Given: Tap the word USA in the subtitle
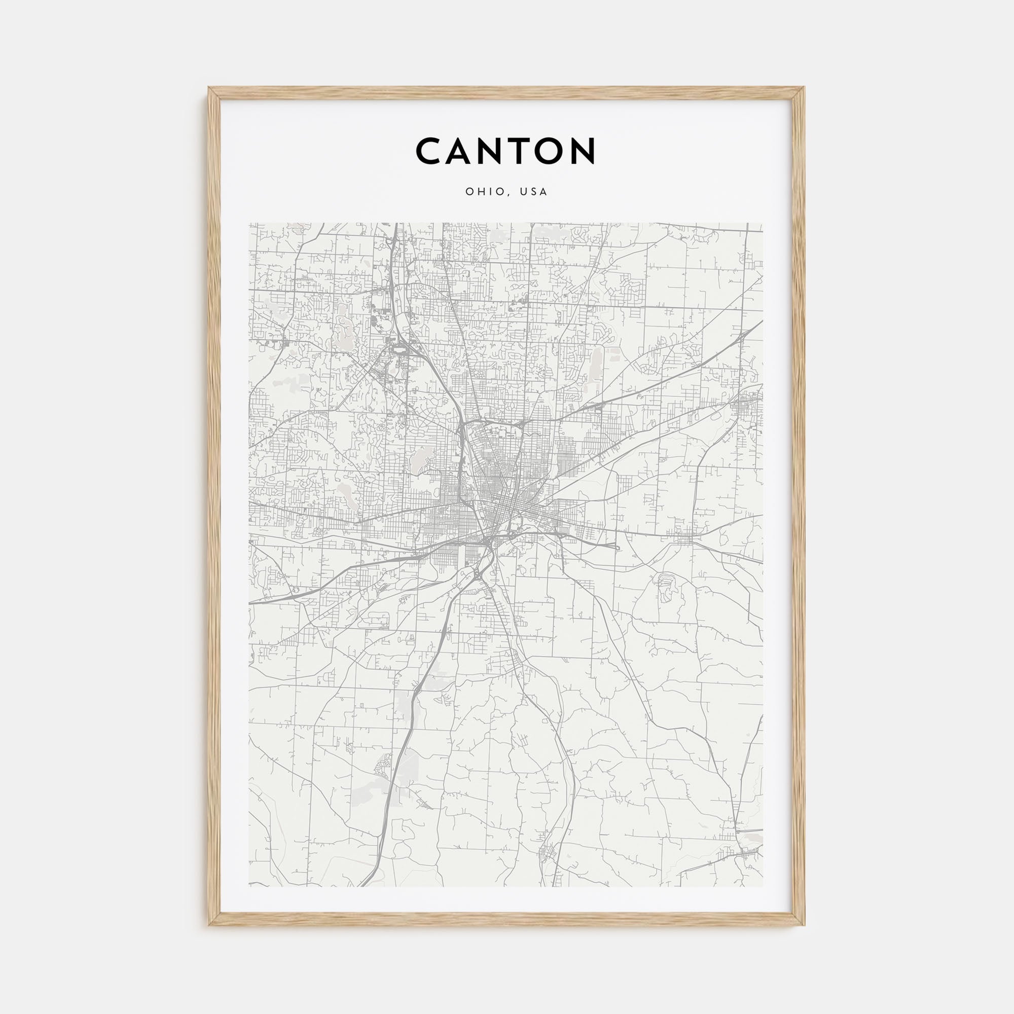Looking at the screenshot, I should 534,192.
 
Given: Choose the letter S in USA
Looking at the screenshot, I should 534,192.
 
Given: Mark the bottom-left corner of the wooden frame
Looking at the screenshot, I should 209,925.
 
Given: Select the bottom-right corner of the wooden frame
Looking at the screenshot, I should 804,925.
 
